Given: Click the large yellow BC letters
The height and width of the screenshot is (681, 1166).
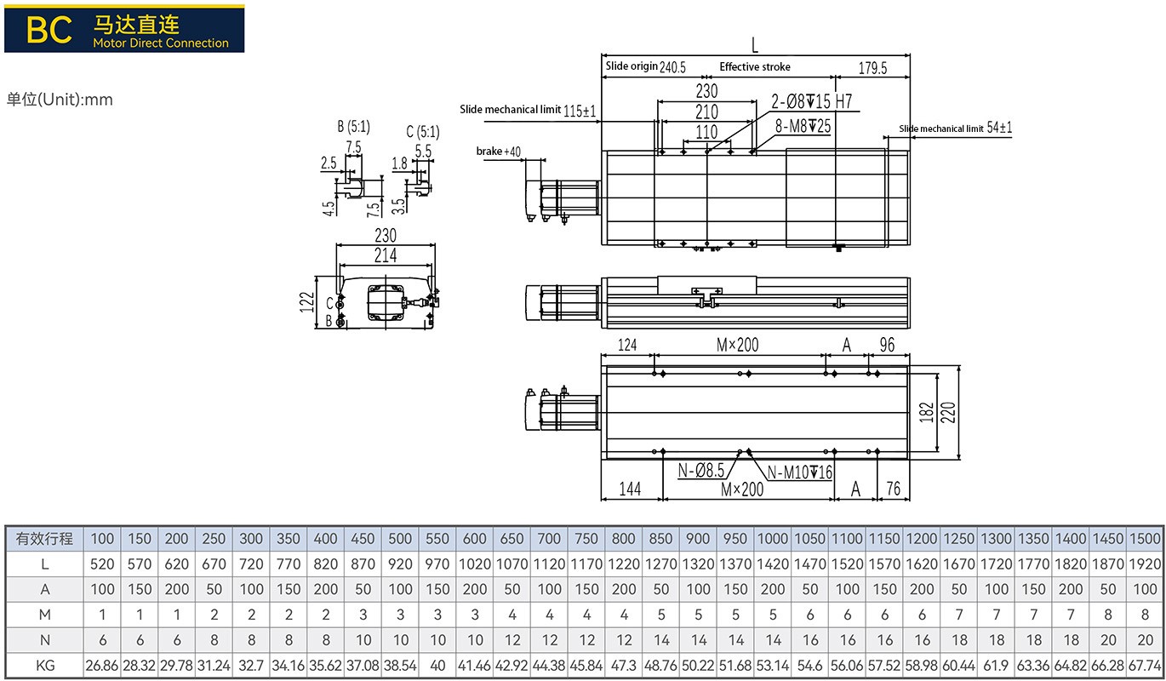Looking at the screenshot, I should pyautogui.click(x=49, y=29).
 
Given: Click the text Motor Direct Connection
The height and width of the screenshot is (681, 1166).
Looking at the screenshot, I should pyautogui.click(x=161, y=43).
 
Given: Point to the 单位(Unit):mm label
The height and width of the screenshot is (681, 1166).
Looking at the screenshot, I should pyautogui.click(x=60, y=100).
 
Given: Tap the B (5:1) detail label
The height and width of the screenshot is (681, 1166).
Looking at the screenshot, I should pyautogui.click(x=353, y=127).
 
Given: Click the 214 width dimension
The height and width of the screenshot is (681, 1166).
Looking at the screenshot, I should pyautogui.click(x=386, y=255).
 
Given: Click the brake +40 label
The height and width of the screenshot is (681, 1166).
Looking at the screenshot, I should pyautogui.click(x=498, y=152).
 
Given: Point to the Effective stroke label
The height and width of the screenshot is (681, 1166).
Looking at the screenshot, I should pyautogui.click(x=754, y=66).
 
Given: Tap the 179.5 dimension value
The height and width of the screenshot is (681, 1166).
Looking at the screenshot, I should pyautogui.click(x=872, y=68).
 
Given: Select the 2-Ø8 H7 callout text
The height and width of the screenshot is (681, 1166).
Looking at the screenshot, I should pyautogui.click(x=811, y=102).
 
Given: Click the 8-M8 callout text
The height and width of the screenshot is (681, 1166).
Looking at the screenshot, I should pyautogui.click(x=803, y=126).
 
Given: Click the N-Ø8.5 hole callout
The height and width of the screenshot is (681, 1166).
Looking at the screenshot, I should pyautogui.click(x=701, y=470).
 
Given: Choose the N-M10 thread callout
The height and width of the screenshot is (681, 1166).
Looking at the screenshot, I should pyautogui.click(x=800, y=473).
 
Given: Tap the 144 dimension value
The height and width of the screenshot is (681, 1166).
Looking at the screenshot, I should pyautogui.click(x=629, y=489).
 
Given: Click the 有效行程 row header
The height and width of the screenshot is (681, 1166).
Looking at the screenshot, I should pyautogui.click(x=44, y=539).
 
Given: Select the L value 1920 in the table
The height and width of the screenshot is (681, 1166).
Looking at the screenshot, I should pyautogui.click(x=1146, y=564).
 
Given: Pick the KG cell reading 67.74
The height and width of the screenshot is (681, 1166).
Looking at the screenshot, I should pyautogui.click(x=1146, y=665).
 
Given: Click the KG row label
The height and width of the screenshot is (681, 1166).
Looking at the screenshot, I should pyautogui.click(x=44, y=665).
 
